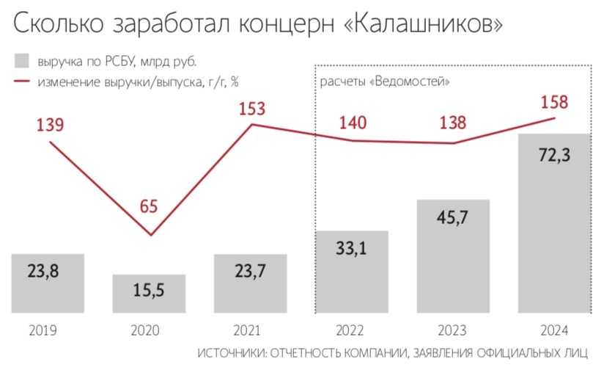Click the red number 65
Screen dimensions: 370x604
pyautogui.click(x=149, y=206)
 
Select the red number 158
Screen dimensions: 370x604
pyautogui.click(x=553, y=102)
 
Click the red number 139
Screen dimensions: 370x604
pyautogui.click(x=51, y=125)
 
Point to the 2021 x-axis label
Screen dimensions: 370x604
pyautogui.click(x=251, y=329)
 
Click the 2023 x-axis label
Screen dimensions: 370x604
pyautogui.click(x=453, y=329)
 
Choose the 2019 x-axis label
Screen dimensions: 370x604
pyautogui.click(x=48, y=329)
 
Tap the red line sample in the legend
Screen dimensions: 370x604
pyautogui.click(x=21, y=81)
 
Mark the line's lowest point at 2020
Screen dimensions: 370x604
pyautogui.click(x=151, y=235)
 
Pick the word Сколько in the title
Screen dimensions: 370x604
pyautogui.click(x=55, y=24)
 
